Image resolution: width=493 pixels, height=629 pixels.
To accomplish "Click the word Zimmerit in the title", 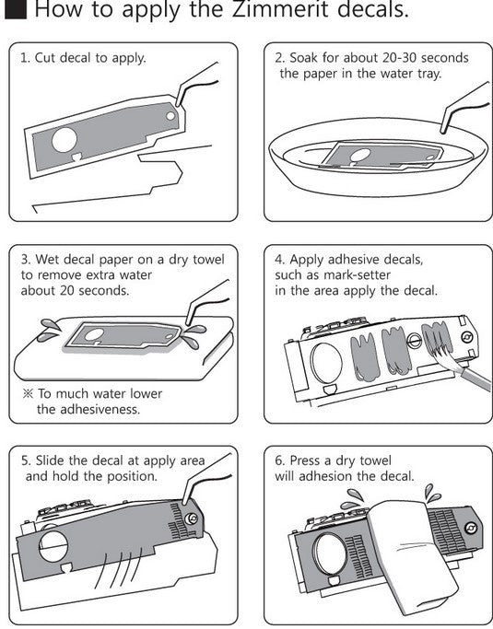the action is tap(280, 9).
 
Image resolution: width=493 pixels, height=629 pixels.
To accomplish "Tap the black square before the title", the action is tap(16, 9).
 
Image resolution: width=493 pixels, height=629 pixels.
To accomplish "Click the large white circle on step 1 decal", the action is tap(65, 140).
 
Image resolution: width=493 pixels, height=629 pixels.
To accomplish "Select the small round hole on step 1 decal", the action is tap(170, 116).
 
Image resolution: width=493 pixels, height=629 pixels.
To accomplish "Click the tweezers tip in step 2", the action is tap(442, 130).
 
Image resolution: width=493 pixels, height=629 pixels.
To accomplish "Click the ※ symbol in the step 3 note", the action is tap(28, 393).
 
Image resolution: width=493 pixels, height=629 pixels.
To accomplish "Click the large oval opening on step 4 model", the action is tap(327, 364).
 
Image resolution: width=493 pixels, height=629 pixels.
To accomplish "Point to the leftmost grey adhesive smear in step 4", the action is tap(365, 357).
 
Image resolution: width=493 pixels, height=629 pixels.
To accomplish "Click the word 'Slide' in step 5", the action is tap(50, 460).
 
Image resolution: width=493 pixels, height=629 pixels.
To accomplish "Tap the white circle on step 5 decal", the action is tap(53, 546).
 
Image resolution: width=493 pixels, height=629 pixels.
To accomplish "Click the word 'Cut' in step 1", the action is tap(44, 58).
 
